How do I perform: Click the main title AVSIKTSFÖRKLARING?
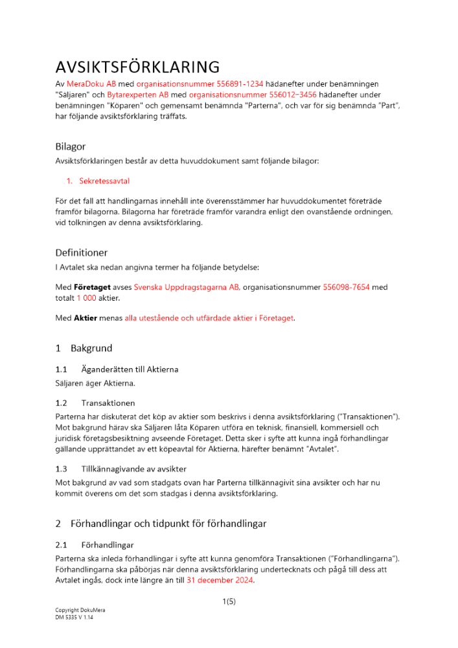click(137, 67)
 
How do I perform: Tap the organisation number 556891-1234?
click(177, 84)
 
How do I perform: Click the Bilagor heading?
click(71, 147)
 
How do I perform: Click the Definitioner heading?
click(81, 253)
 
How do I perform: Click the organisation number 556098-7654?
click(346, 287)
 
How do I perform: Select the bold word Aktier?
click(86, 318)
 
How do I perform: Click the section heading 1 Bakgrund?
click(84, 349)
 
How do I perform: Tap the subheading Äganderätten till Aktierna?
click(130, 369)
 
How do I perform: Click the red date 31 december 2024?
click(220, 581)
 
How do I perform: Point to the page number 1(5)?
click(229, 602)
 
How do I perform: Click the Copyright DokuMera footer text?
click(80, 610)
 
